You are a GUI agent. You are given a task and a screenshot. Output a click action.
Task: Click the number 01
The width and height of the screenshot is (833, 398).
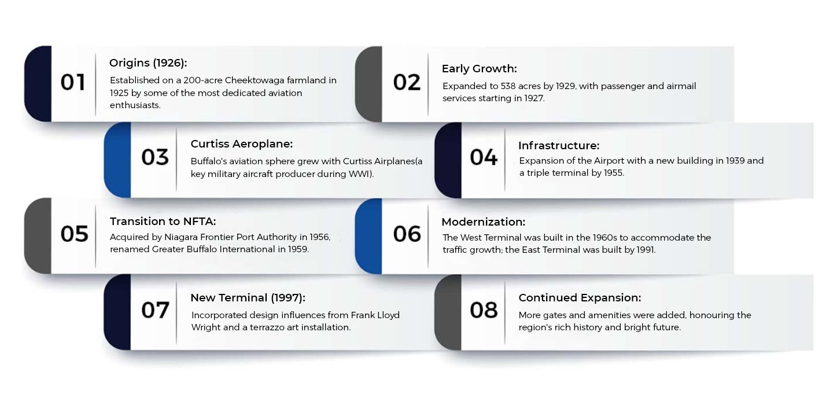click(x=73, y=82)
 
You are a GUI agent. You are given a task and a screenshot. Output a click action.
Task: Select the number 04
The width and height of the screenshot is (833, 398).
click(x=484, y=157)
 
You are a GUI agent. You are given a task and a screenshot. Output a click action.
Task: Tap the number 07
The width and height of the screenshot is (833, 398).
click(x=155, y=310)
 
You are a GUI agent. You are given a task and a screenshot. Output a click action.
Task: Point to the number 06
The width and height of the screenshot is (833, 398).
click(x=407, y=234)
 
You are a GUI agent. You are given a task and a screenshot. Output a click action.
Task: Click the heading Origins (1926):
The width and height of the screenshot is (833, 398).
click(x=148, y=63)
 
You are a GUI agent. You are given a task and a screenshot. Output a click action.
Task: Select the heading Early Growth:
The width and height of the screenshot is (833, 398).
click(x=479, y=68)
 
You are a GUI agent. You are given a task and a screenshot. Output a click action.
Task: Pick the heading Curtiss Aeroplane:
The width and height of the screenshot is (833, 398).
click(x=241, y=143)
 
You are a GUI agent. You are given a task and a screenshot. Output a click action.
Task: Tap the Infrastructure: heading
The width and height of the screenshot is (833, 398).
click(x=559, y=145)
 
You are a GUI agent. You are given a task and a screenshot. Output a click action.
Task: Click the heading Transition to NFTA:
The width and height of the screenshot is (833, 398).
click(x=163, y=222)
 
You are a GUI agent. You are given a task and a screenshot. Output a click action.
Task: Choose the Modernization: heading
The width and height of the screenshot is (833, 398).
click(x=483, y=222)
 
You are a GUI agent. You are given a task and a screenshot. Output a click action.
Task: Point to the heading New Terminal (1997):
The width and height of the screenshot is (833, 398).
click(x=248, y=297)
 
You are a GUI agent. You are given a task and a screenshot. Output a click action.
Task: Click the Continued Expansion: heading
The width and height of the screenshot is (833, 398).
click(x=580, y=297)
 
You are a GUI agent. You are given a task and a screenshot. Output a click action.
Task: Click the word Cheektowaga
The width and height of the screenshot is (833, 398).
click(x=255, y=80)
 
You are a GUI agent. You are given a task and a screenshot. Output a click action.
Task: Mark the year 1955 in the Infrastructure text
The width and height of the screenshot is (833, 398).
click(x=613, y=172)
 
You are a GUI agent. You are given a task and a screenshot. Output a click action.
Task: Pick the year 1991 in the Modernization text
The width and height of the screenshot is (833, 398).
click(x=645, y=249)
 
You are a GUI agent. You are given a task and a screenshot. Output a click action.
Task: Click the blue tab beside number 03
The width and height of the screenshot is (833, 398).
click(x=117, y=160)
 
